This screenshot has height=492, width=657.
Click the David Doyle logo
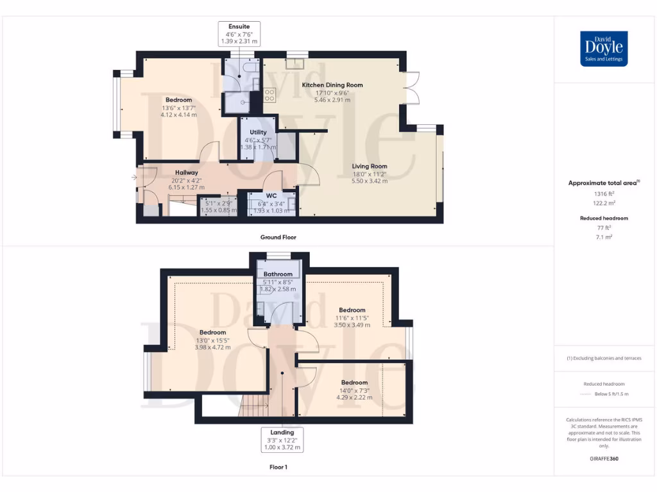coord(604,49)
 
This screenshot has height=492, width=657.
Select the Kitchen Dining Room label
coord(332,85)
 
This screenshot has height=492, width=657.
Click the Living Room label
coord(369,166)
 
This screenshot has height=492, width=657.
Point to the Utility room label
coord(258,132)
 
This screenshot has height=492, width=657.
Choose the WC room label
coord(271,195)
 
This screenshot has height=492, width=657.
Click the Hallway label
coord(186,172)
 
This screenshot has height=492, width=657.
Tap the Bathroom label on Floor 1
coord(278,274)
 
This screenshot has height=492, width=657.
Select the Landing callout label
coord(282,432)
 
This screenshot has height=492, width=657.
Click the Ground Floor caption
coord(278,237)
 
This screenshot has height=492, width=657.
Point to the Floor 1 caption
coord(278,468)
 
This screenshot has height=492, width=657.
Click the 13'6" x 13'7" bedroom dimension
coord(179,108)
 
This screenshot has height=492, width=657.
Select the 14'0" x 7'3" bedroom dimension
coord(354,390)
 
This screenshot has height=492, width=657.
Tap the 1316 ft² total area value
coord(602,193)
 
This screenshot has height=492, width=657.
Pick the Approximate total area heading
coord(602,183)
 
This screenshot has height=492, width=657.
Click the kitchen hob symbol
coord(269,95)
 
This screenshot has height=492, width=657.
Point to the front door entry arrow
coord(133,177)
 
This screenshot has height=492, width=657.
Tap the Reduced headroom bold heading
coord(602,218)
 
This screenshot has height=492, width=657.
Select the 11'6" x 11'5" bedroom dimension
coord(352,318)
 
